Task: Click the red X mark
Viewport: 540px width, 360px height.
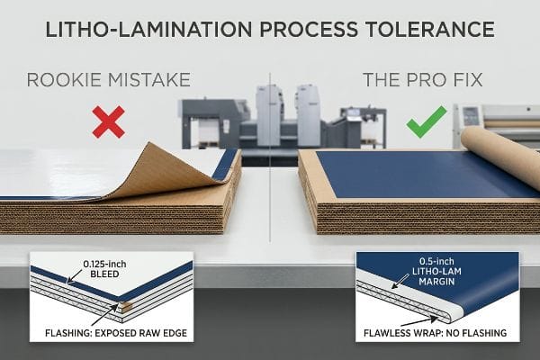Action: click(x=109, y=122)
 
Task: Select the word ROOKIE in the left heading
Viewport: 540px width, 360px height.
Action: click(x=65, y=80)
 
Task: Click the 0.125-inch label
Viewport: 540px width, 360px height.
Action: click(x=104, y=265)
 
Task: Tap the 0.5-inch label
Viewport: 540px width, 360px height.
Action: click(x=436, y=262)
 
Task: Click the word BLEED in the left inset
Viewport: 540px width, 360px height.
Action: click(x=104, y=274)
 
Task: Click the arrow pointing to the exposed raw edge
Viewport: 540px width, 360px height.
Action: click(x=105, y=314)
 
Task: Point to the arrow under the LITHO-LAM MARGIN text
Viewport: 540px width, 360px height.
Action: click(x=400, y=281)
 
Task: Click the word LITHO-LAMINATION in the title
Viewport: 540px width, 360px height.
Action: click(x=148, y=30)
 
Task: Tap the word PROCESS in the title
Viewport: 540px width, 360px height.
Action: click(x=309, y=30)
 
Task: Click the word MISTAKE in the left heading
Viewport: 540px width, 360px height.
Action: click(x=149, y=80)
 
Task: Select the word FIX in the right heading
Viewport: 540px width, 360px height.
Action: click(x=467, y=80)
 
